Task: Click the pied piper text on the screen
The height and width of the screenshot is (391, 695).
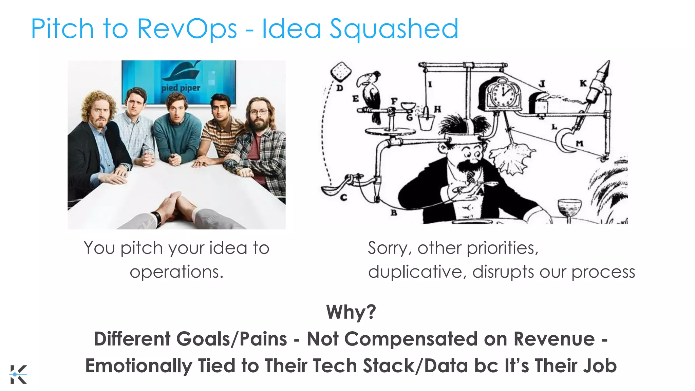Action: tap(181, 88)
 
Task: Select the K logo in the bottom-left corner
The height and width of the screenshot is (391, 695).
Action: tap(18, 374)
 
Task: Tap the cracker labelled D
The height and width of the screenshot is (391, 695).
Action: tap(341, 71)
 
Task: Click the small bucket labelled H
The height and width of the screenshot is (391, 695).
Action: tap(426, 122)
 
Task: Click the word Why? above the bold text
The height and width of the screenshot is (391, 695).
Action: tap(351, 312)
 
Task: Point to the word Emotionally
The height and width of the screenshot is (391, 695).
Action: tap(138, 366)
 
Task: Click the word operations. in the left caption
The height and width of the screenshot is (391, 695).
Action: tap(176, 272)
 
